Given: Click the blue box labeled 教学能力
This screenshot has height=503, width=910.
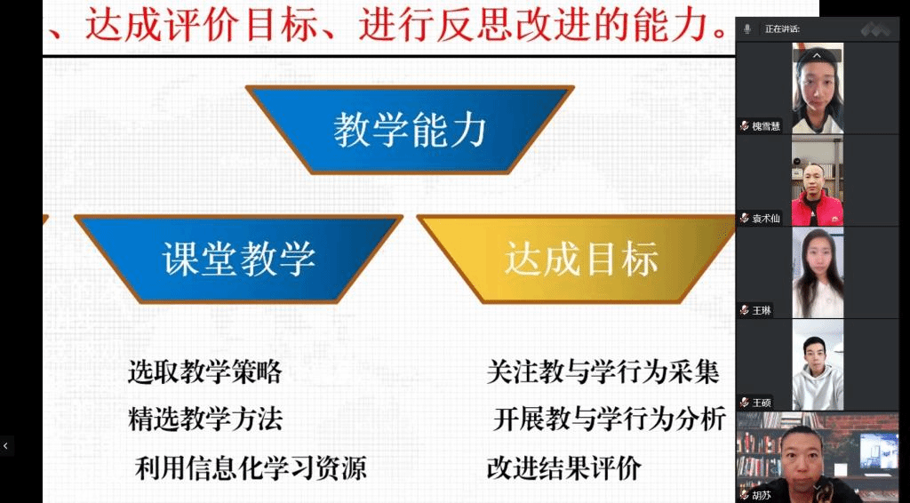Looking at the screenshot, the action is pos(410,130).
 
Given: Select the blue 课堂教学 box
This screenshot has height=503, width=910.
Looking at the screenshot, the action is pos(238,259).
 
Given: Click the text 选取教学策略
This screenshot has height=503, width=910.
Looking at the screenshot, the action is pos(205,371).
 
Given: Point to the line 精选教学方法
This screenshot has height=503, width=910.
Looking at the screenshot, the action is pos(205,419).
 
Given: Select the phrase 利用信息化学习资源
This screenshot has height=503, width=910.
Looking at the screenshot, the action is pos(251,467).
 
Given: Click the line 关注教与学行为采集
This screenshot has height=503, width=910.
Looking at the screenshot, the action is pos(603,371).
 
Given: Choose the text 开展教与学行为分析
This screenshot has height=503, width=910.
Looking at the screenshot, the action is pos(610,419).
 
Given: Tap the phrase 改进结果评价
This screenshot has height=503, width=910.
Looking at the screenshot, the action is pos(564,467).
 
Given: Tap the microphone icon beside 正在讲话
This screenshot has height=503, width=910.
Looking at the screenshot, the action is pos(748,28).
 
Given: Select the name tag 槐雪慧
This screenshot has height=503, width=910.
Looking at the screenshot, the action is pos(761,126).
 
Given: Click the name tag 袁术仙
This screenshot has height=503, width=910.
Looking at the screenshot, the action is pos(761,219).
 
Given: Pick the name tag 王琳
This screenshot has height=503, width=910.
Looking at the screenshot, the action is pos(756,310).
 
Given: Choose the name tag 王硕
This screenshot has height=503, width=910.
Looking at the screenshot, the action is pos(756,402).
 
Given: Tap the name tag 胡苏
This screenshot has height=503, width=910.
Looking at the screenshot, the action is pos(756,495).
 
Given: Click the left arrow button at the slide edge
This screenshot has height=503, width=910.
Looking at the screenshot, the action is pos(6,445).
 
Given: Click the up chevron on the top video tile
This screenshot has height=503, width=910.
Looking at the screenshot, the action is pos(817,56).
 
